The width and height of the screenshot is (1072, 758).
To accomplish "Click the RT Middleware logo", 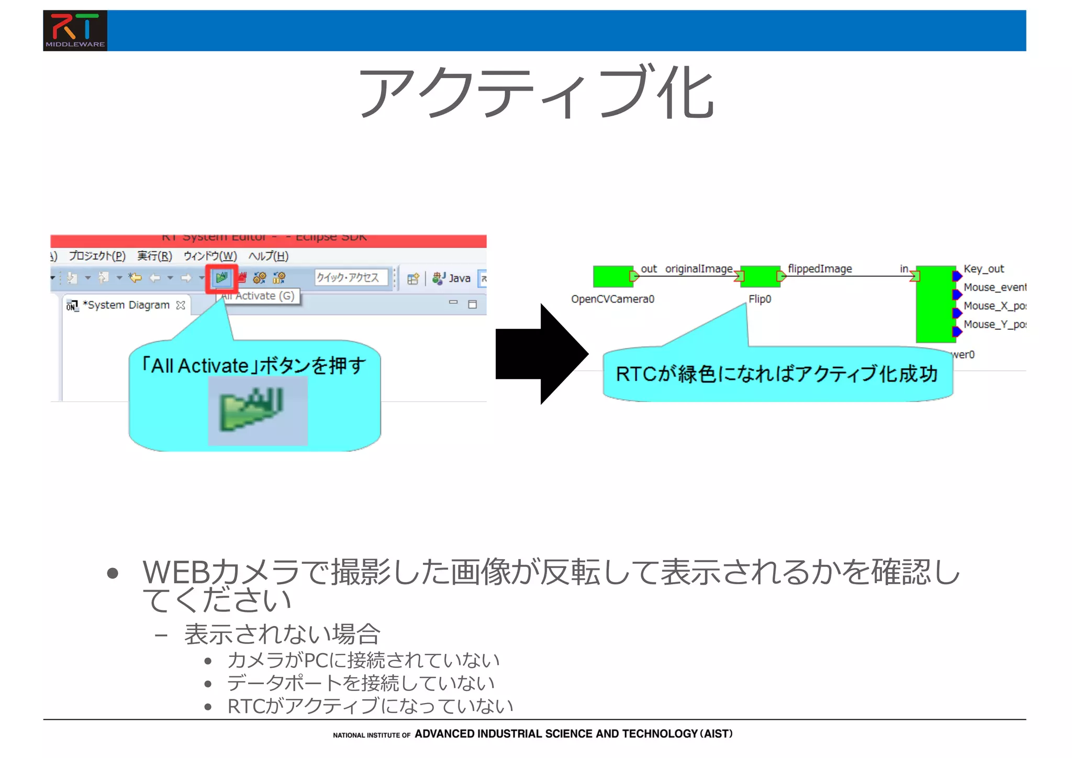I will coord(75,30).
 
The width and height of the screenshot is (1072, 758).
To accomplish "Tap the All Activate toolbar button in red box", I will coord(222,278).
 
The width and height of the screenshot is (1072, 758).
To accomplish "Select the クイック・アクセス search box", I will coord(351,277).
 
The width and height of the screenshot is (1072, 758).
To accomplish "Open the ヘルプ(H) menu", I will coord(268,256).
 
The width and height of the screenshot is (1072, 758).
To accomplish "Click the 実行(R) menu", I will coord(154,256).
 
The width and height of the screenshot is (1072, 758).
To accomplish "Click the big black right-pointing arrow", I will coord(542,354).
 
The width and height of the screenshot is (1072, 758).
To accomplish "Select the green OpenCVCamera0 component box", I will coord(612,276).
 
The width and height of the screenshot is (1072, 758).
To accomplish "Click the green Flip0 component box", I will coord(760,276).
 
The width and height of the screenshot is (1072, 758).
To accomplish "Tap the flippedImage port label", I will coord(820,269).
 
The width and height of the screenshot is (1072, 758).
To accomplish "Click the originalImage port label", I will coord(698,269).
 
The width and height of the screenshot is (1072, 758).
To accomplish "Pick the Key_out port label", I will coord(984,269).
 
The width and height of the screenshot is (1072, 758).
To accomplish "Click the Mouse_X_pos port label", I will coord(993,306).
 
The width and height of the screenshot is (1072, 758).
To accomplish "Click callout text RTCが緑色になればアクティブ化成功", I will coord(776,374).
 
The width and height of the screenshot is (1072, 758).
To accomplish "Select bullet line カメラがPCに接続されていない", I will coord(363,660).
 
